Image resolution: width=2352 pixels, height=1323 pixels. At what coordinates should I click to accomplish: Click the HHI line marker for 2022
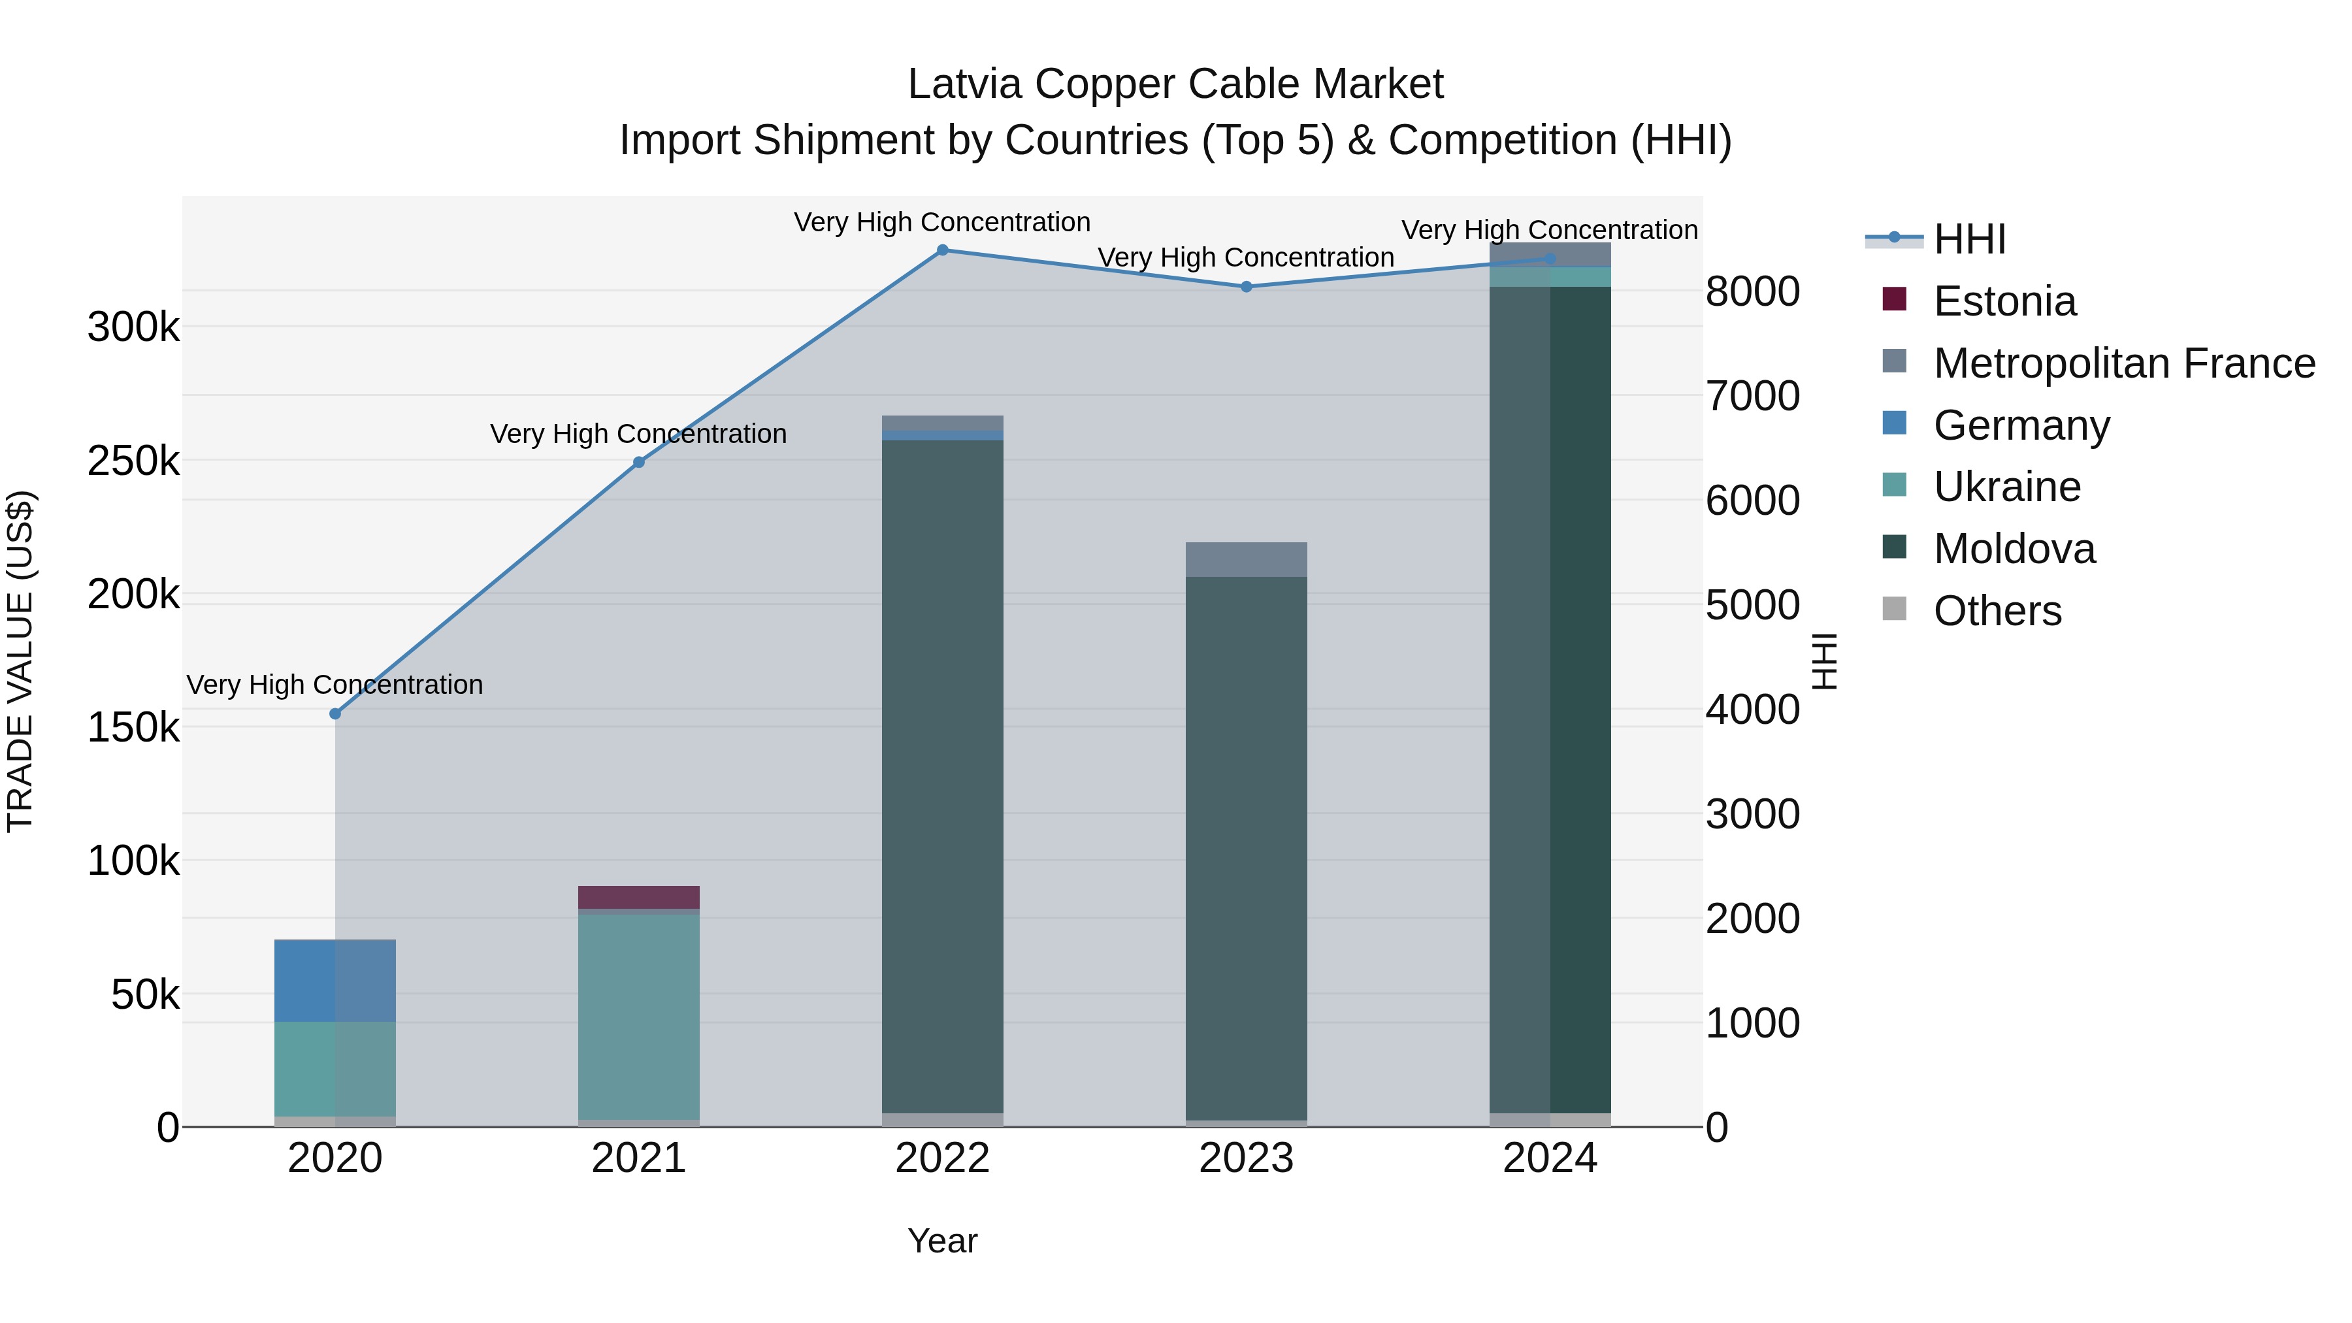pos(942,250)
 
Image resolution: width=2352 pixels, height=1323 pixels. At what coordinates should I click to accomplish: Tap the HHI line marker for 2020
pos(335,714)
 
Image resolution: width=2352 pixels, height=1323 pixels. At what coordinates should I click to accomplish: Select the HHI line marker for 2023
pos(1247,287)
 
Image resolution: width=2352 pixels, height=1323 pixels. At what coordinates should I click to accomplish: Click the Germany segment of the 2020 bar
pos(335,981)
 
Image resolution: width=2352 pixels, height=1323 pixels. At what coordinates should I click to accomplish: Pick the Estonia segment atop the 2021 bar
pos(638,896)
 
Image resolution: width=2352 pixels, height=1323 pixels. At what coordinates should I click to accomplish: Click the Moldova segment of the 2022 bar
pos(942,776)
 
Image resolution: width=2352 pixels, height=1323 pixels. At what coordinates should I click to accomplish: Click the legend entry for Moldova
pos(2014,549)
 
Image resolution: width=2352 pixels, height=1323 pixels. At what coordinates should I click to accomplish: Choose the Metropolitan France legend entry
pos(2123,363)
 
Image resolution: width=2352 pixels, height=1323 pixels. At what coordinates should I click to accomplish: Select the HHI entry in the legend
pos(1968,239)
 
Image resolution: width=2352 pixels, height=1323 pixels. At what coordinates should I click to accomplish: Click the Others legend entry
pos(1997,611)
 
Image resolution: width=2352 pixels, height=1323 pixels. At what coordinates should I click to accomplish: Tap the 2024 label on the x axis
pos(1550,1158)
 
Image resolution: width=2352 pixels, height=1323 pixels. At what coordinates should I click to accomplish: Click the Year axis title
pos(942,1241)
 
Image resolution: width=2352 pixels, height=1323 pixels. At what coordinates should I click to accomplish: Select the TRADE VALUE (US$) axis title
pos(20,661)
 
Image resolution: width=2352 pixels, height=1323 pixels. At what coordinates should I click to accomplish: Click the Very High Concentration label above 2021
pos(638,434)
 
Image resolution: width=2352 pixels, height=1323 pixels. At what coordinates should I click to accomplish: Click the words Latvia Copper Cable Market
pos(1175,84)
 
